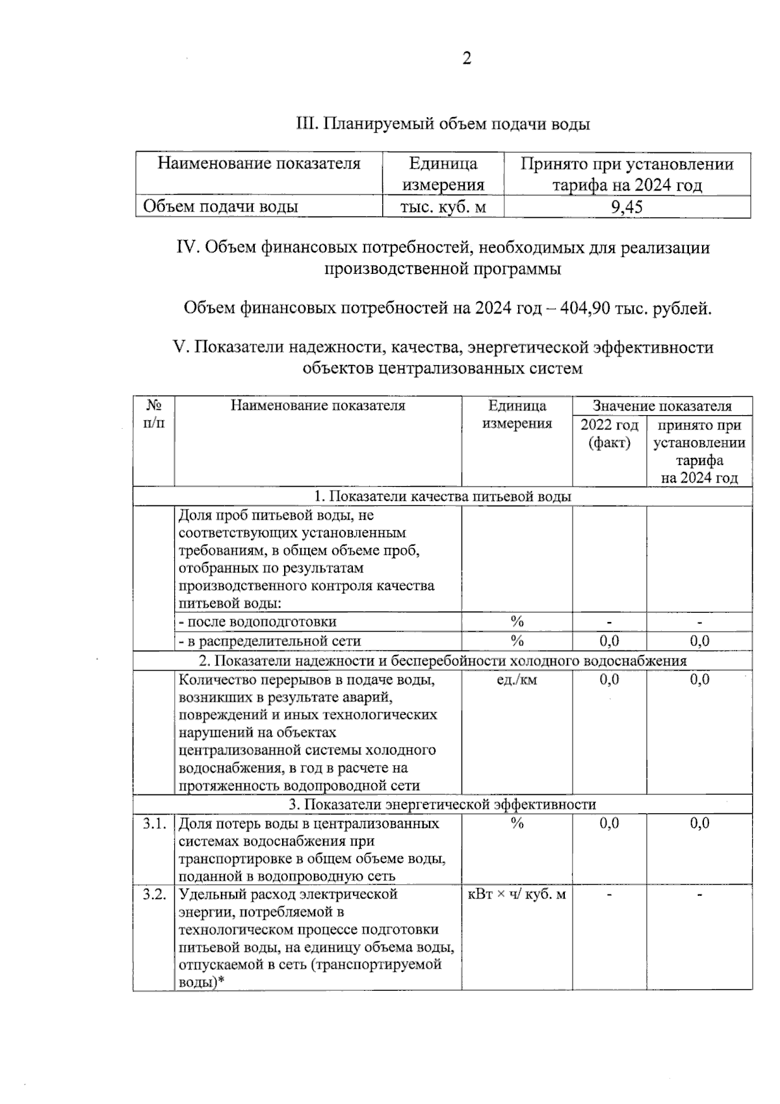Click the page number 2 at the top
click(466, 59)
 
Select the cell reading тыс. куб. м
click(443, 207)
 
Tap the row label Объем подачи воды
click(220, 207)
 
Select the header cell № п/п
click(153, 414)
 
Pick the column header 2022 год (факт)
click(609, 434)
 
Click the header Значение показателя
click(662, 406)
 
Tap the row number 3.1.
click(153, 824)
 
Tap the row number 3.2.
click(153, 894)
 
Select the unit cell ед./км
click(516, 680)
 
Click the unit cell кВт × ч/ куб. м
click(516, 894)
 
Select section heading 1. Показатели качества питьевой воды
click(442, 496)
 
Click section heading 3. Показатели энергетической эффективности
click(442, 805)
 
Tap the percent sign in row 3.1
click(517, 824)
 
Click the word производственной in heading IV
click(386, 269)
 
